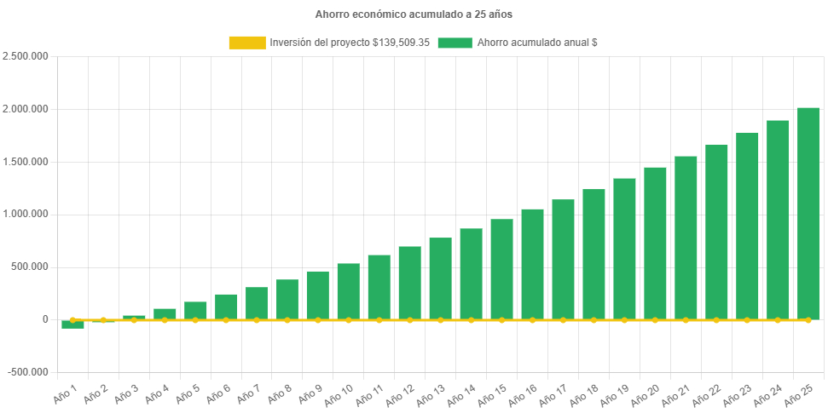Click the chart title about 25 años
coord(414,14)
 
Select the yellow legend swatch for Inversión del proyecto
coord(247,43)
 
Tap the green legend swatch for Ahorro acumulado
coord(455,43)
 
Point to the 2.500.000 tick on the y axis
coord(26,56)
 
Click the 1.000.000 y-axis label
coord(26,214)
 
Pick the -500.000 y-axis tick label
coord(27,372)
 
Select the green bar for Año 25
coord(808,213)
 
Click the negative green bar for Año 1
coord(72,324)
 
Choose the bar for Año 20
coord(656,243)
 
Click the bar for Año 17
coord(564,259)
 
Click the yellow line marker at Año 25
coord(808,320)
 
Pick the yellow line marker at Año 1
coord(72,320)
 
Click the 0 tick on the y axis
coord(44,319)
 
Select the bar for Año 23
coord(748,226)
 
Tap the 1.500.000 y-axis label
coord(26,162)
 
